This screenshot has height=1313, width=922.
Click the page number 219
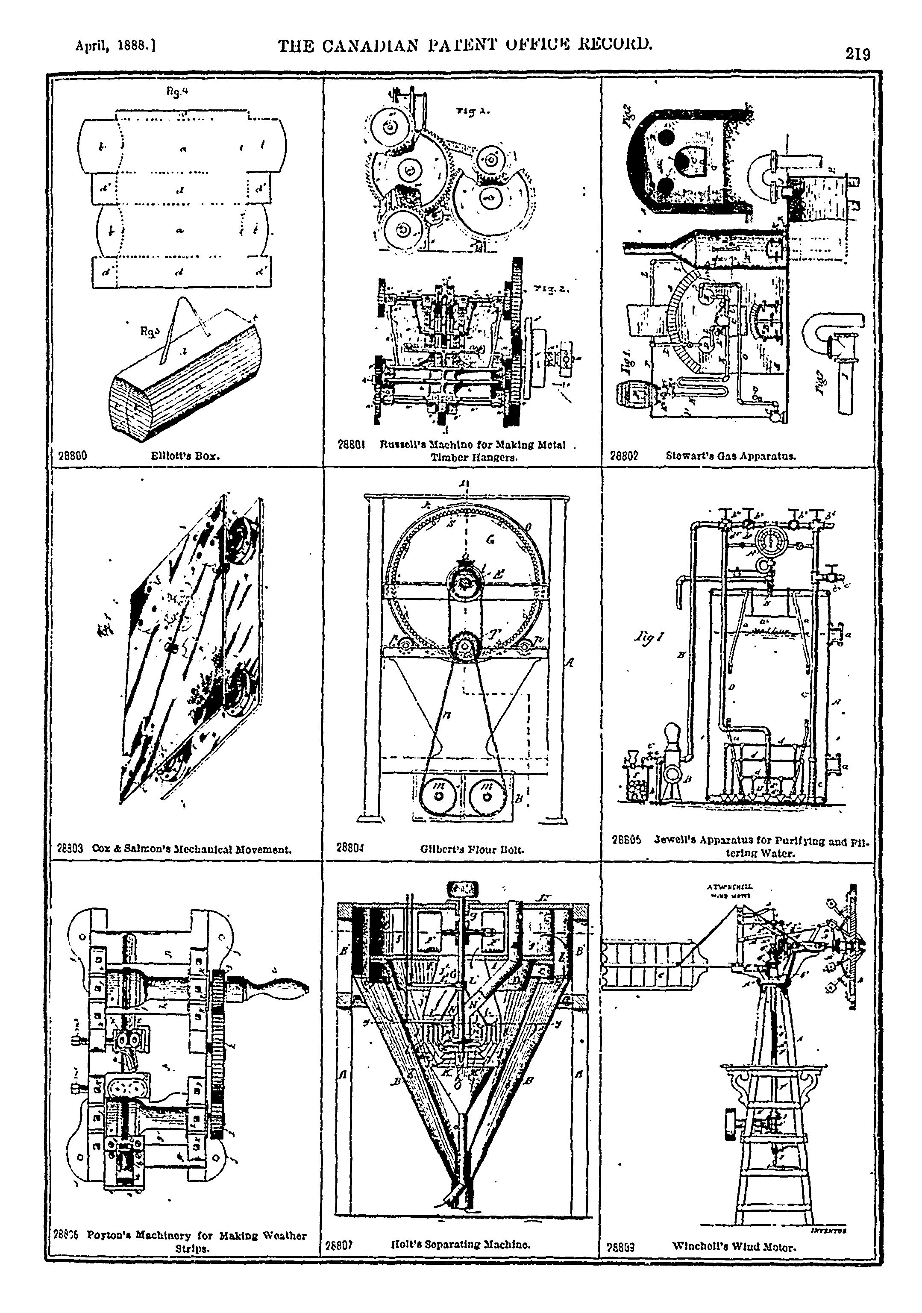coord(857,54)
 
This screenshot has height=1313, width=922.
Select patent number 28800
coord(73,456)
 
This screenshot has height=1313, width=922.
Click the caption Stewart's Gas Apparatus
coord(731,456)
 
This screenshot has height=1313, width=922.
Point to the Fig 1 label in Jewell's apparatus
coord(649,637)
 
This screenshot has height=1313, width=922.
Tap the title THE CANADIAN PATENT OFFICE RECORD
coord(464,44)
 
